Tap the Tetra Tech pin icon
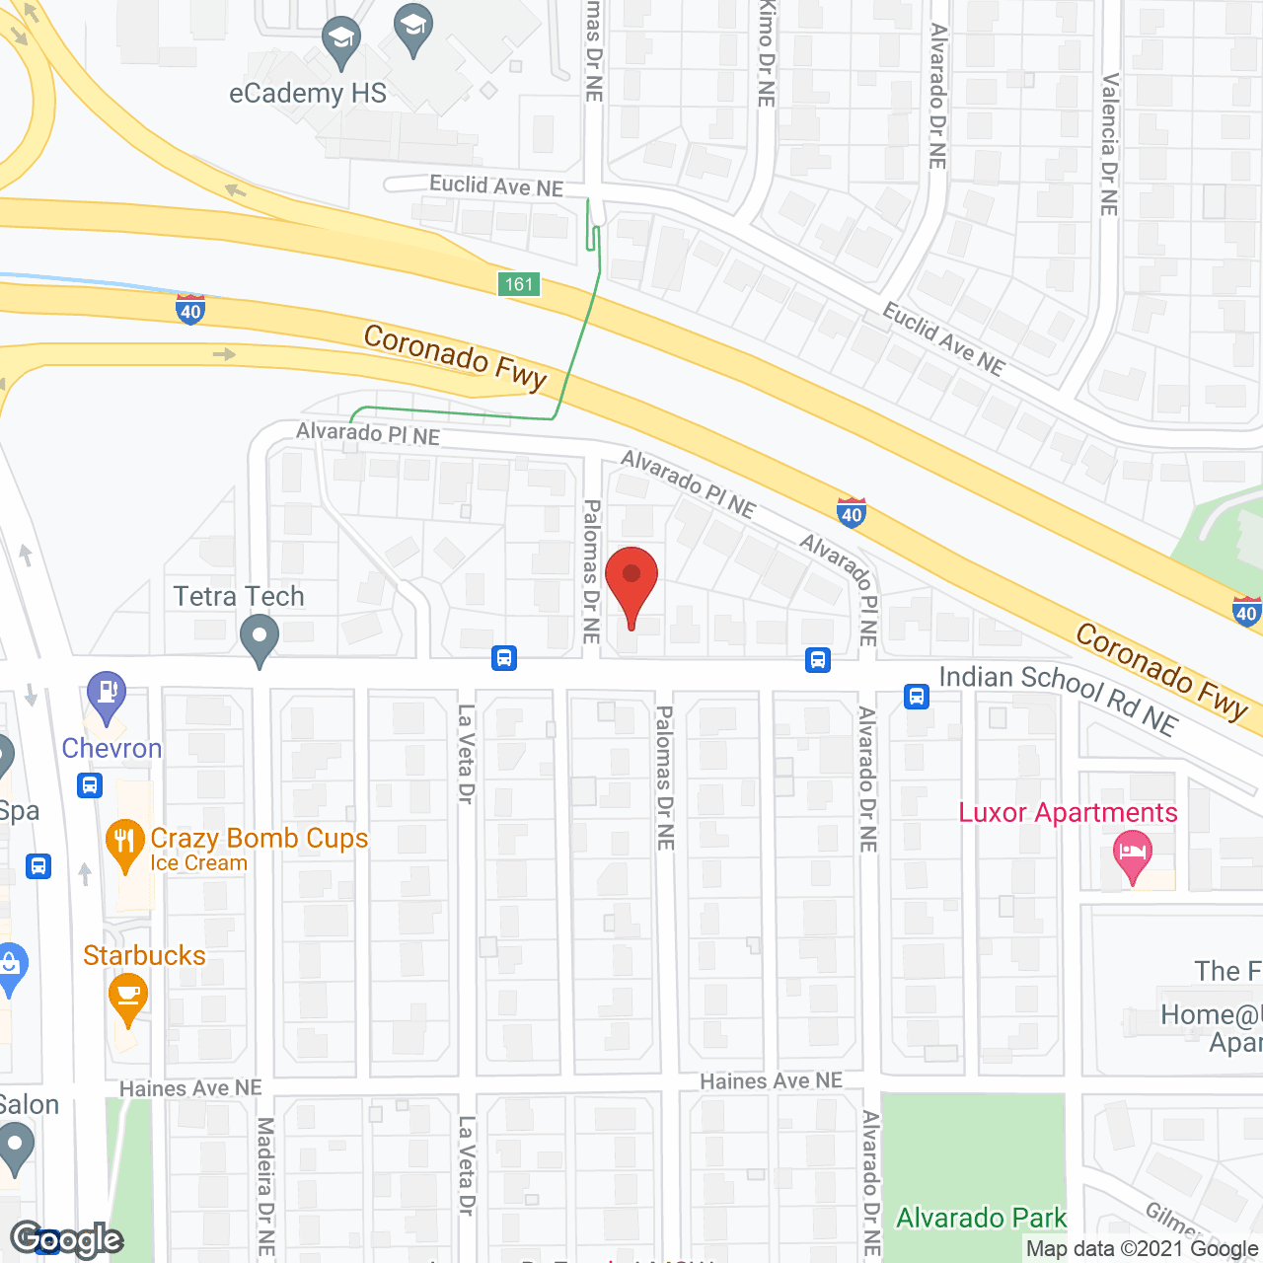(x=260, y=639)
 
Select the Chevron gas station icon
(x=107, y=696)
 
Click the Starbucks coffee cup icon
(x=128, y=997)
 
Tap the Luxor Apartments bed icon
(x=1133, y=855)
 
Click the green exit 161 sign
(x=519, y=285)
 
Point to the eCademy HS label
(x=308, y=94)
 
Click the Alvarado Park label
(x=981, y=1219)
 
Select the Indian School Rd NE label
(x=1058, y=698)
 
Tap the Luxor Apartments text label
(x=1068, y=813)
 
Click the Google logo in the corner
(x=67, y=1239)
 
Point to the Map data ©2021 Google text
(x=1143, y=1249)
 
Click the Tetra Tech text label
(x=239, y=597)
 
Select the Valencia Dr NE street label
(x=1110, y=144)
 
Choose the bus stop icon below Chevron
(x=90, y=785)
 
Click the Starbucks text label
(x=144, y=956)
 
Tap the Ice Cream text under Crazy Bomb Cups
(x=198, y=863)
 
